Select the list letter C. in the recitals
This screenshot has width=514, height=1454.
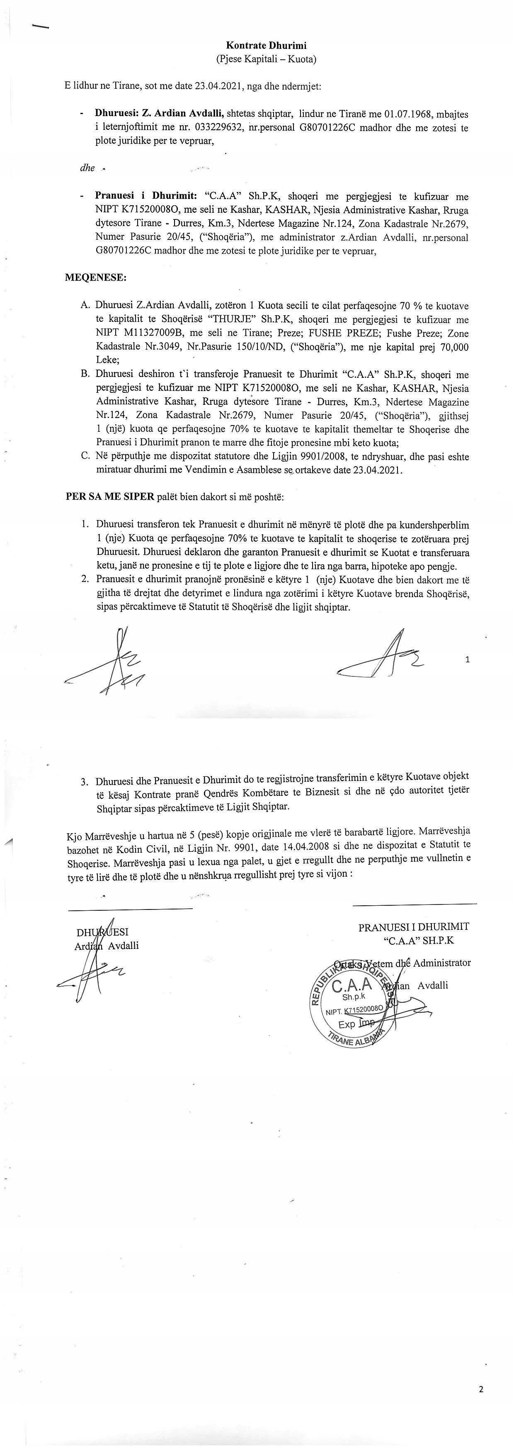click(x=85, y=456)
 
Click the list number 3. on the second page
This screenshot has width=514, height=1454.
click(x=84, y=782)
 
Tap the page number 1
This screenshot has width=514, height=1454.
click(x=468, y=659)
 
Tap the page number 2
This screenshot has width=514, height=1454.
click(x=481, y=1390)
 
